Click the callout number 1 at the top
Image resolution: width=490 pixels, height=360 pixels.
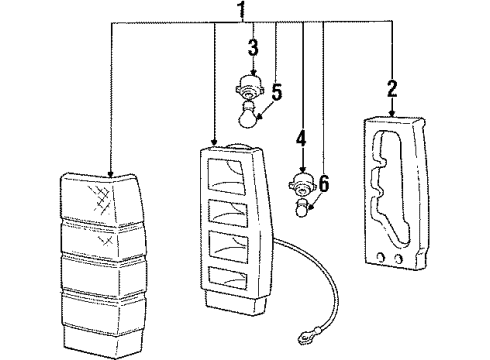242,10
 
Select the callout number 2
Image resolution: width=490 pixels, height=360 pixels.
392,88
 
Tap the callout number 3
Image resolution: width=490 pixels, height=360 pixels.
253,47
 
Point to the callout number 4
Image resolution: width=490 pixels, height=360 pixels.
301,139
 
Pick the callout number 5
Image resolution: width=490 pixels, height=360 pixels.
277,92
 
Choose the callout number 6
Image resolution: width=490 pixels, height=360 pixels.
324,183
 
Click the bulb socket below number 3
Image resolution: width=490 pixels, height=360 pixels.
250,87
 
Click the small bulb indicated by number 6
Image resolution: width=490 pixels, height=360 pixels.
303,208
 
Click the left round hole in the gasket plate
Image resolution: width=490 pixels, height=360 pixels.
380,257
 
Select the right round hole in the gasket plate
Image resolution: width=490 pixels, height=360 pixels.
397,259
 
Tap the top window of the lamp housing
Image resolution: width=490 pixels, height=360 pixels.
227,176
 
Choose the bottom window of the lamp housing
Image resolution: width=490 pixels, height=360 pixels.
229,277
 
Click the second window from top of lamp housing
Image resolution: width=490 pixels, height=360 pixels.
228,213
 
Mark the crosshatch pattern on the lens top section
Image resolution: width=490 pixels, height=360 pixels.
100,199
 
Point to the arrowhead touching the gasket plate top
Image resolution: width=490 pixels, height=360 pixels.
392,113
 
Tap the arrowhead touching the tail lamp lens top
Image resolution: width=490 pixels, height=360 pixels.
110,173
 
